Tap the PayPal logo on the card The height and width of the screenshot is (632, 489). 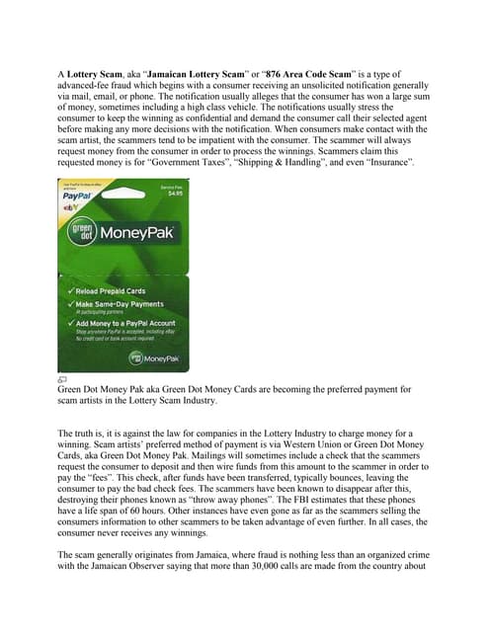(x=79, y=197)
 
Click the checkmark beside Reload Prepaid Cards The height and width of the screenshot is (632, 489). (x=69, y=292)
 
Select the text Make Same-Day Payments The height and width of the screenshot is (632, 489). (x=117, y=305)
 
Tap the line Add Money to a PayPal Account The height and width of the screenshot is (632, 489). (x=123, y=324)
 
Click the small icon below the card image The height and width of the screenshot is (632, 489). (x=61, y=379)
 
